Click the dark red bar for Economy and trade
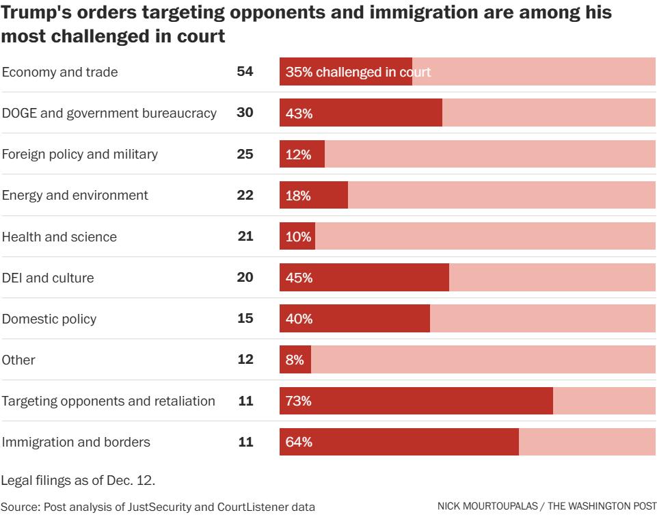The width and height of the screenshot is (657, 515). (345, 72)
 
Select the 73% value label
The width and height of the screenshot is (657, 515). (299, 401)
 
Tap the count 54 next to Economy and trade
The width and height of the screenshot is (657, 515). (245, 72)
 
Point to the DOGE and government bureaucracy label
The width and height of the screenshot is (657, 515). (109, 113)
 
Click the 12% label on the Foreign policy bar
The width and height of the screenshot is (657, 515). (299, 155)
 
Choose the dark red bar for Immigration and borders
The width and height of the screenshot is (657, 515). (399, 442)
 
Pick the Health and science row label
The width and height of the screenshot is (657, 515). (59, 237)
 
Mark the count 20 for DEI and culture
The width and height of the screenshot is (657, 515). (245, 277)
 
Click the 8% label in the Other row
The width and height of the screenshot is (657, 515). (295, 360)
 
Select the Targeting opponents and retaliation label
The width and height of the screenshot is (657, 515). (109, 401)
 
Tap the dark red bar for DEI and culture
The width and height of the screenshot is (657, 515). (364, 277)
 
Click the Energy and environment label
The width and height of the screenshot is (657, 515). (75, 195)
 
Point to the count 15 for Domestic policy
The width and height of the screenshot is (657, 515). (245, 318)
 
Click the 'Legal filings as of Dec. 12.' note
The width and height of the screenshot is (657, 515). (78, 480)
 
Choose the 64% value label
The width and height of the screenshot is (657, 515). (299, 442)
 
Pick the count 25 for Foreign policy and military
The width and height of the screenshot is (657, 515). (245, 154)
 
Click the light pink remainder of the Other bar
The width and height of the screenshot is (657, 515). (483, 360)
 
